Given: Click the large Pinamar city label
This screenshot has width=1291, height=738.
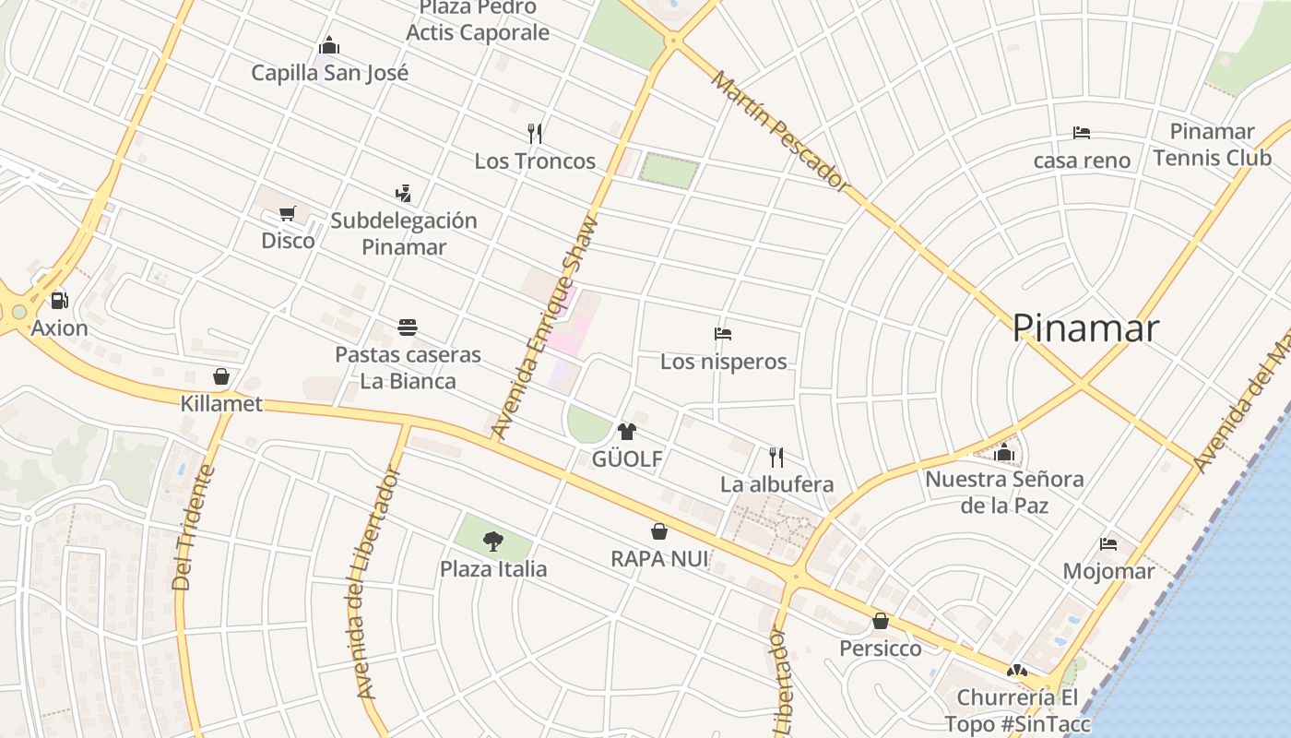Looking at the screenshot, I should (1084, 328).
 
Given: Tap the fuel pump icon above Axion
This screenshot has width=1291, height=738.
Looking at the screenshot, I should (60, 301).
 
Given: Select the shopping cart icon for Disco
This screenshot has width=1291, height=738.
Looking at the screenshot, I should (288, 214).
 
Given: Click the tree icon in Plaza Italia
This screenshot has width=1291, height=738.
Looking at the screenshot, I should (493, 542).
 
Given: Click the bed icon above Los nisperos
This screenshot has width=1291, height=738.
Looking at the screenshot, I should (723, 334).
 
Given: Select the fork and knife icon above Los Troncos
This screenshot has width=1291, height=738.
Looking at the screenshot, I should (535, 134).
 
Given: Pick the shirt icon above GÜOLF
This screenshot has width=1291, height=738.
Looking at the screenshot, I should (627, 431).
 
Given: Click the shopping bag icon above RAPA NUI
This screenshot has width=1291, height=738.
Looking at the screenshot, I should (659, 531).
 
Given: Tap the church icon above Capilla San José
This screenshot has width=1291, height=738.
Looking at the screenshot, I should (329, 46).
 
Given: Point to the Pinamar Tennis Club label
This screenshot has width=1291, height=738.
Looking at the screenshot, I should (1212, 145).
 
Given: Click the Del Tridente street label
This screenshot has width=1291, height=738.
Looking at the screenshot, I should (194, 528).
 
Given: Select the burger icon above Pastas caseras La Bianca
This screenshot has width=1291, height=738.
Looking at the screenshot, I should (408, 327).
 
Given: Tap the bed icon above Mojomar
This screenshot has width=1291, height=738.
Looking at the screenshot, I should (1108, 544).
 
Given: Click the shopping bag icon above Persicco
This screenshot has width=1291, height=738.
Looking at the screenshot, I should (881, 621).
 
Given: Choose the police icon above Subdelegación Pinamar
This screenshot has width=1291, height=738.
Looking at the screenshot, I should (403, 193).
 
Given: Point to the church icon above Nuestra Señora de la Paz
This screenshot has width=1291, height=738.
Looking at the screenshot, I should (1004, 453).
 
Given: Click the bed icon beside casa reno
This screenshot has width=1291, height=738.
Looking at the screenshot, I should (1082, 134).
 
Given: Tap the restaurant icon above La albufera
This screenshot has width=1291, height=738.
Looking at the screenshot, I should (776, 457).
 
